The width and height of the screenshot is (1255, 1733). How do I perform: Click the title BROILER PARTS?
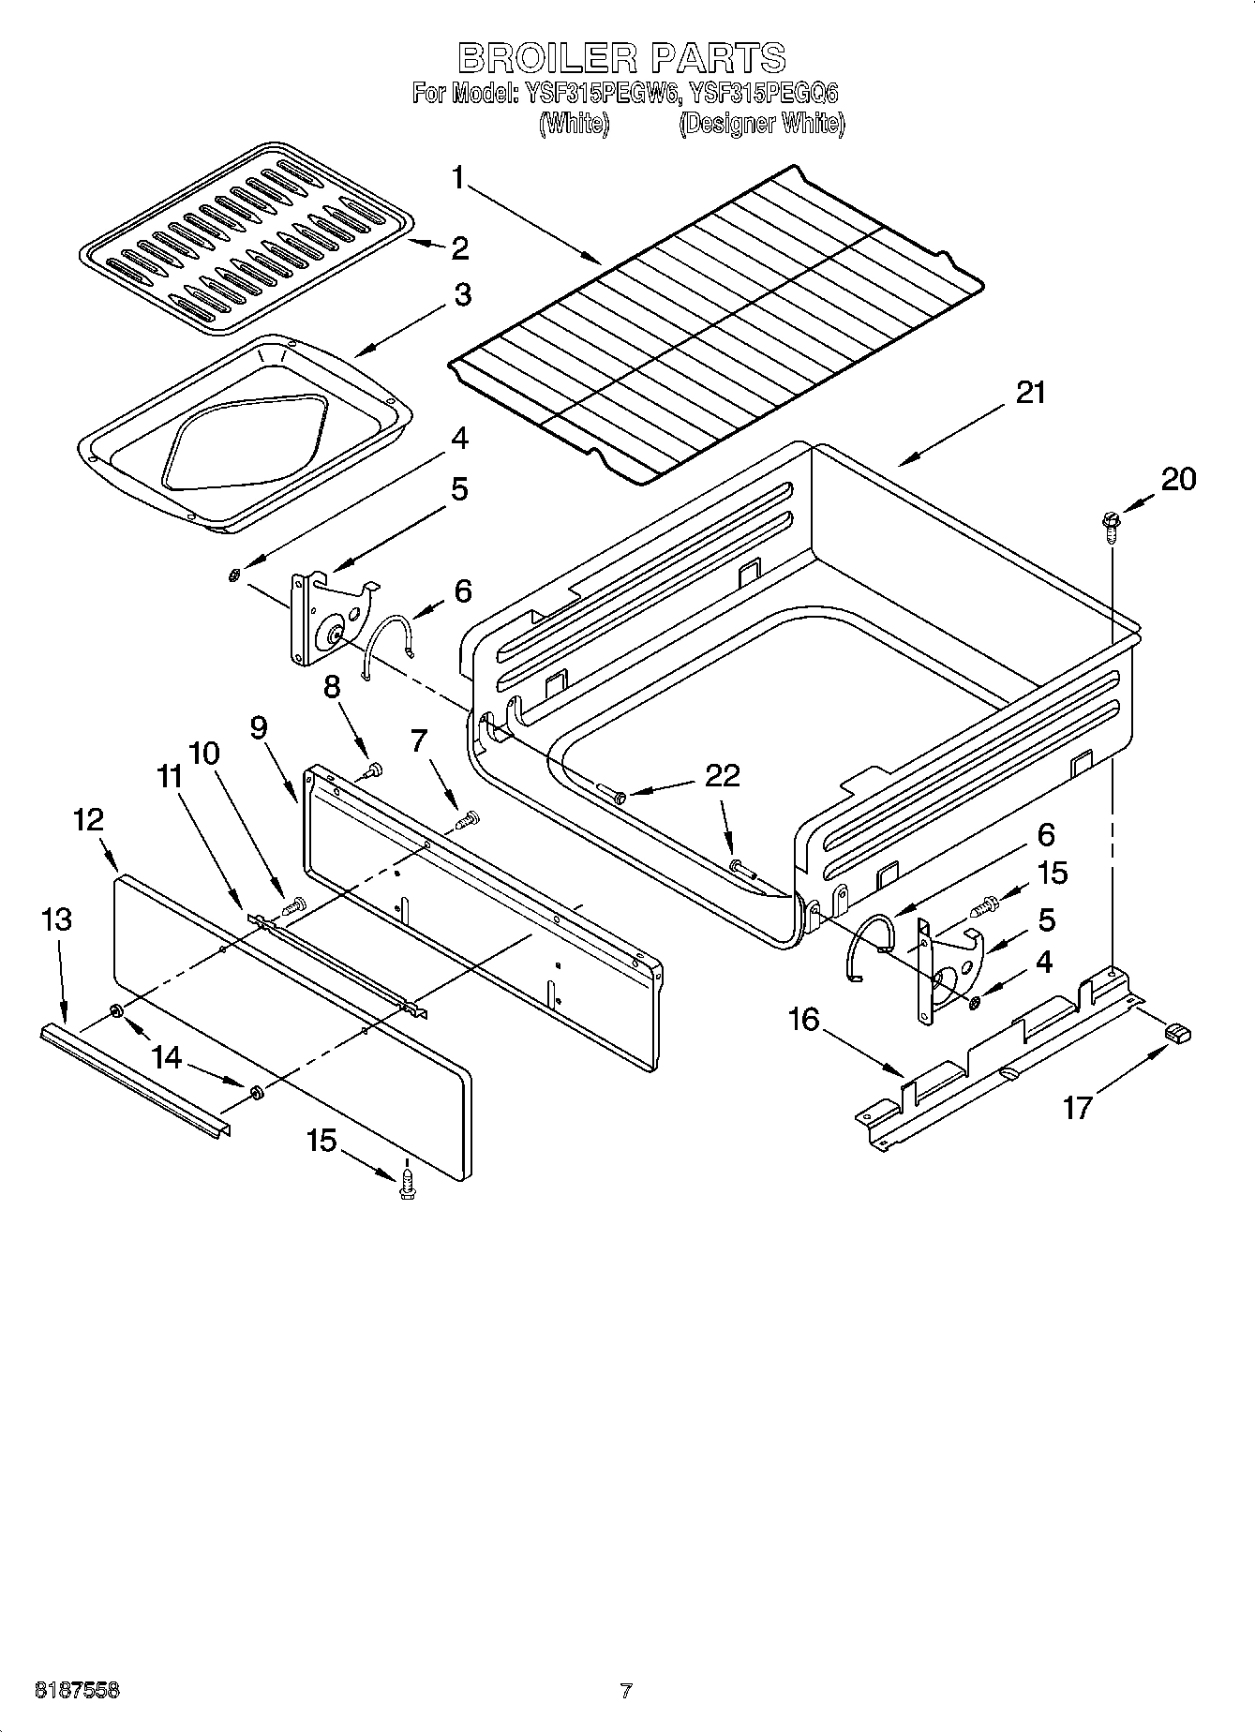point(621,58)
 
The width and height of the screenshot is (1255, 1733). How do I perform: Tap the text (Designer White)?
point(761,124)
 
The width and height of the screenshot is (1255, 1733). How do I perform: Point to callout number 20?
point(1178,479)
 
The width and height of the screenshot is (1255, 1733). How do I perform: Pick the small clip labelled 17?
point(1177,1032)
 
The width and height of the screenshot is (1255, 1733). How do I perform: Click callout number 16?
point(804,1019)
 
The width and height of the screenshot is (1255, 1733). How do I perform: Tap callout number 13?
point(56,919)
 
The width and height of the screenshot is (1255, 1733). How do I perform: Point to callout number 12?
point(88,819)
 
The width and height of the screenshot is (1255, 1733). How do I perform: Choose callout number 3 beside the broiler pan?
point(462,294)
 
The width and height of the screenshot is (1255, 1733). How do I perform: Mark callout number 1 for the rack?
point(458,177)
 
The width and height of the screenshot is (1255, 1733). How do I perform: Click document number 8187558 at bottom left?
point(77,1692)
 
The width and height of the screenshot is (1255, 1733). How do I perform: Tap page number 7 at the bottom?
point(626,1692)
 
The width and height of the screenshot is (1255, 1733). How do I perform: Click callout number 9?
point(259,726)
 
